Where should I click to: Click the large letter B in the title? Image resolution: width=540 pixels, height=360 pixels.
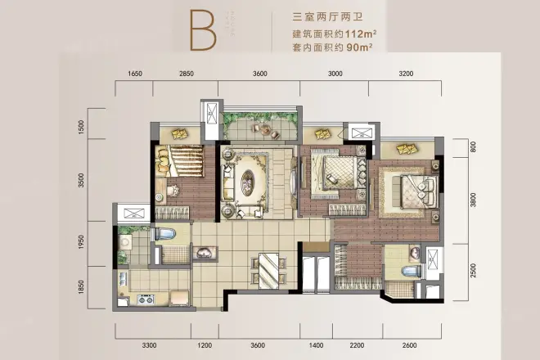point(203,31)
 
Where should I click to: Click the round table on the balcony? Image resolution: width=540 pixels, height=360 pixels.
point(264,129)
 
